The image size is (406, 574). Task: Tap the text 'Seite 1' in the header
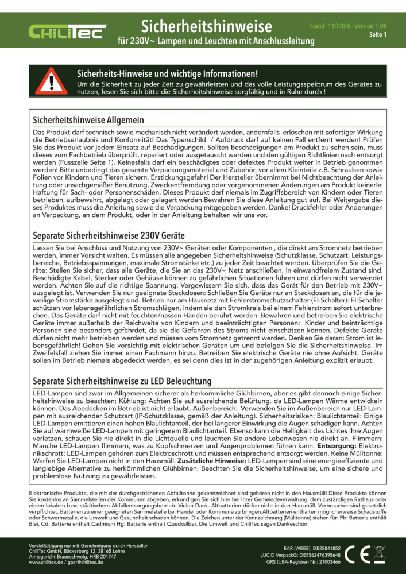(x=377, y=35)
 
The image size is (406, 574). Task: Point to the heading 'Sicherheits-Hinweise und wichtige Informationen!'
(x=167, y=74)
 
